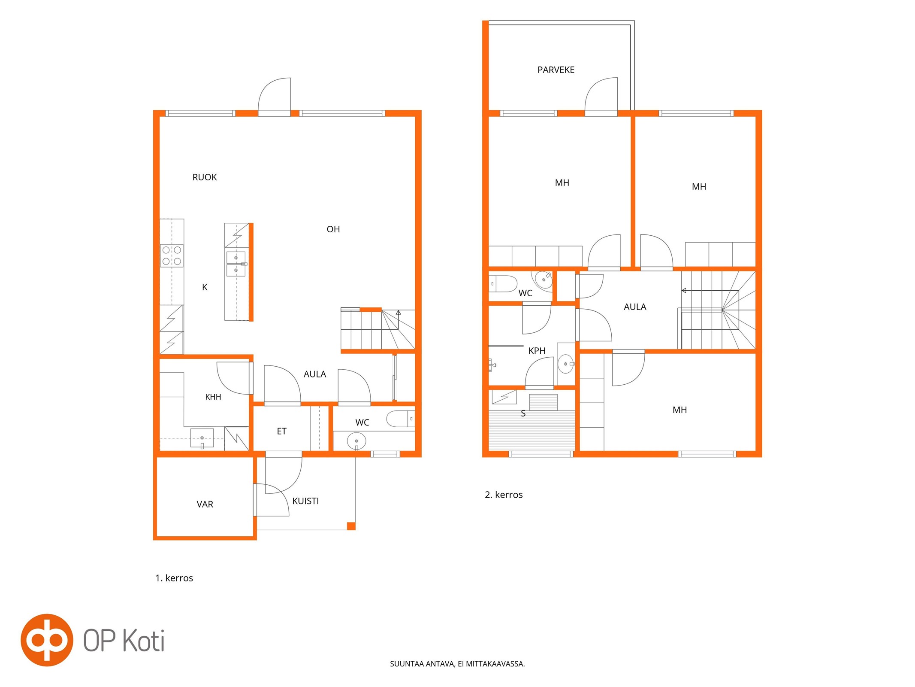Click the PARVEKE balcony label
556,70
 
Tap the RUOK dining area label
205,177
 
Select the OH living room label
333,229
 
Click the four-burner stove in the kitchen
172,255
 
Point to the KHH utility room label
213,397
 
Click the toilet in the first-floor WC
400,419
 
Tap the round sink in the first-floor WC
356,441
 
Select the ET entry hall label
281,431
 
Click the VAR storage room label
205,504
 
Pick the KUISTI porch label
305,501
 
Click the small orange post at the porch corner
351,526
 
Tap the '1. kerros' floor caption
174,578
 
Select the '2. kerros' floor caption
504,495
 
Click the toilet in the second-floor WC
503,284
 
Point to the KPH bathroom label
537,350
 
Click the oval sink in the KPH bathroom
566,364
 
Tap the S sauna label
523,413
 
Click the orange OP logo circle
47,640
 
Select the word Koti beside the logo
144,641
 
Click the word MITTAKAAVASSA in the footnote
495,663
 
